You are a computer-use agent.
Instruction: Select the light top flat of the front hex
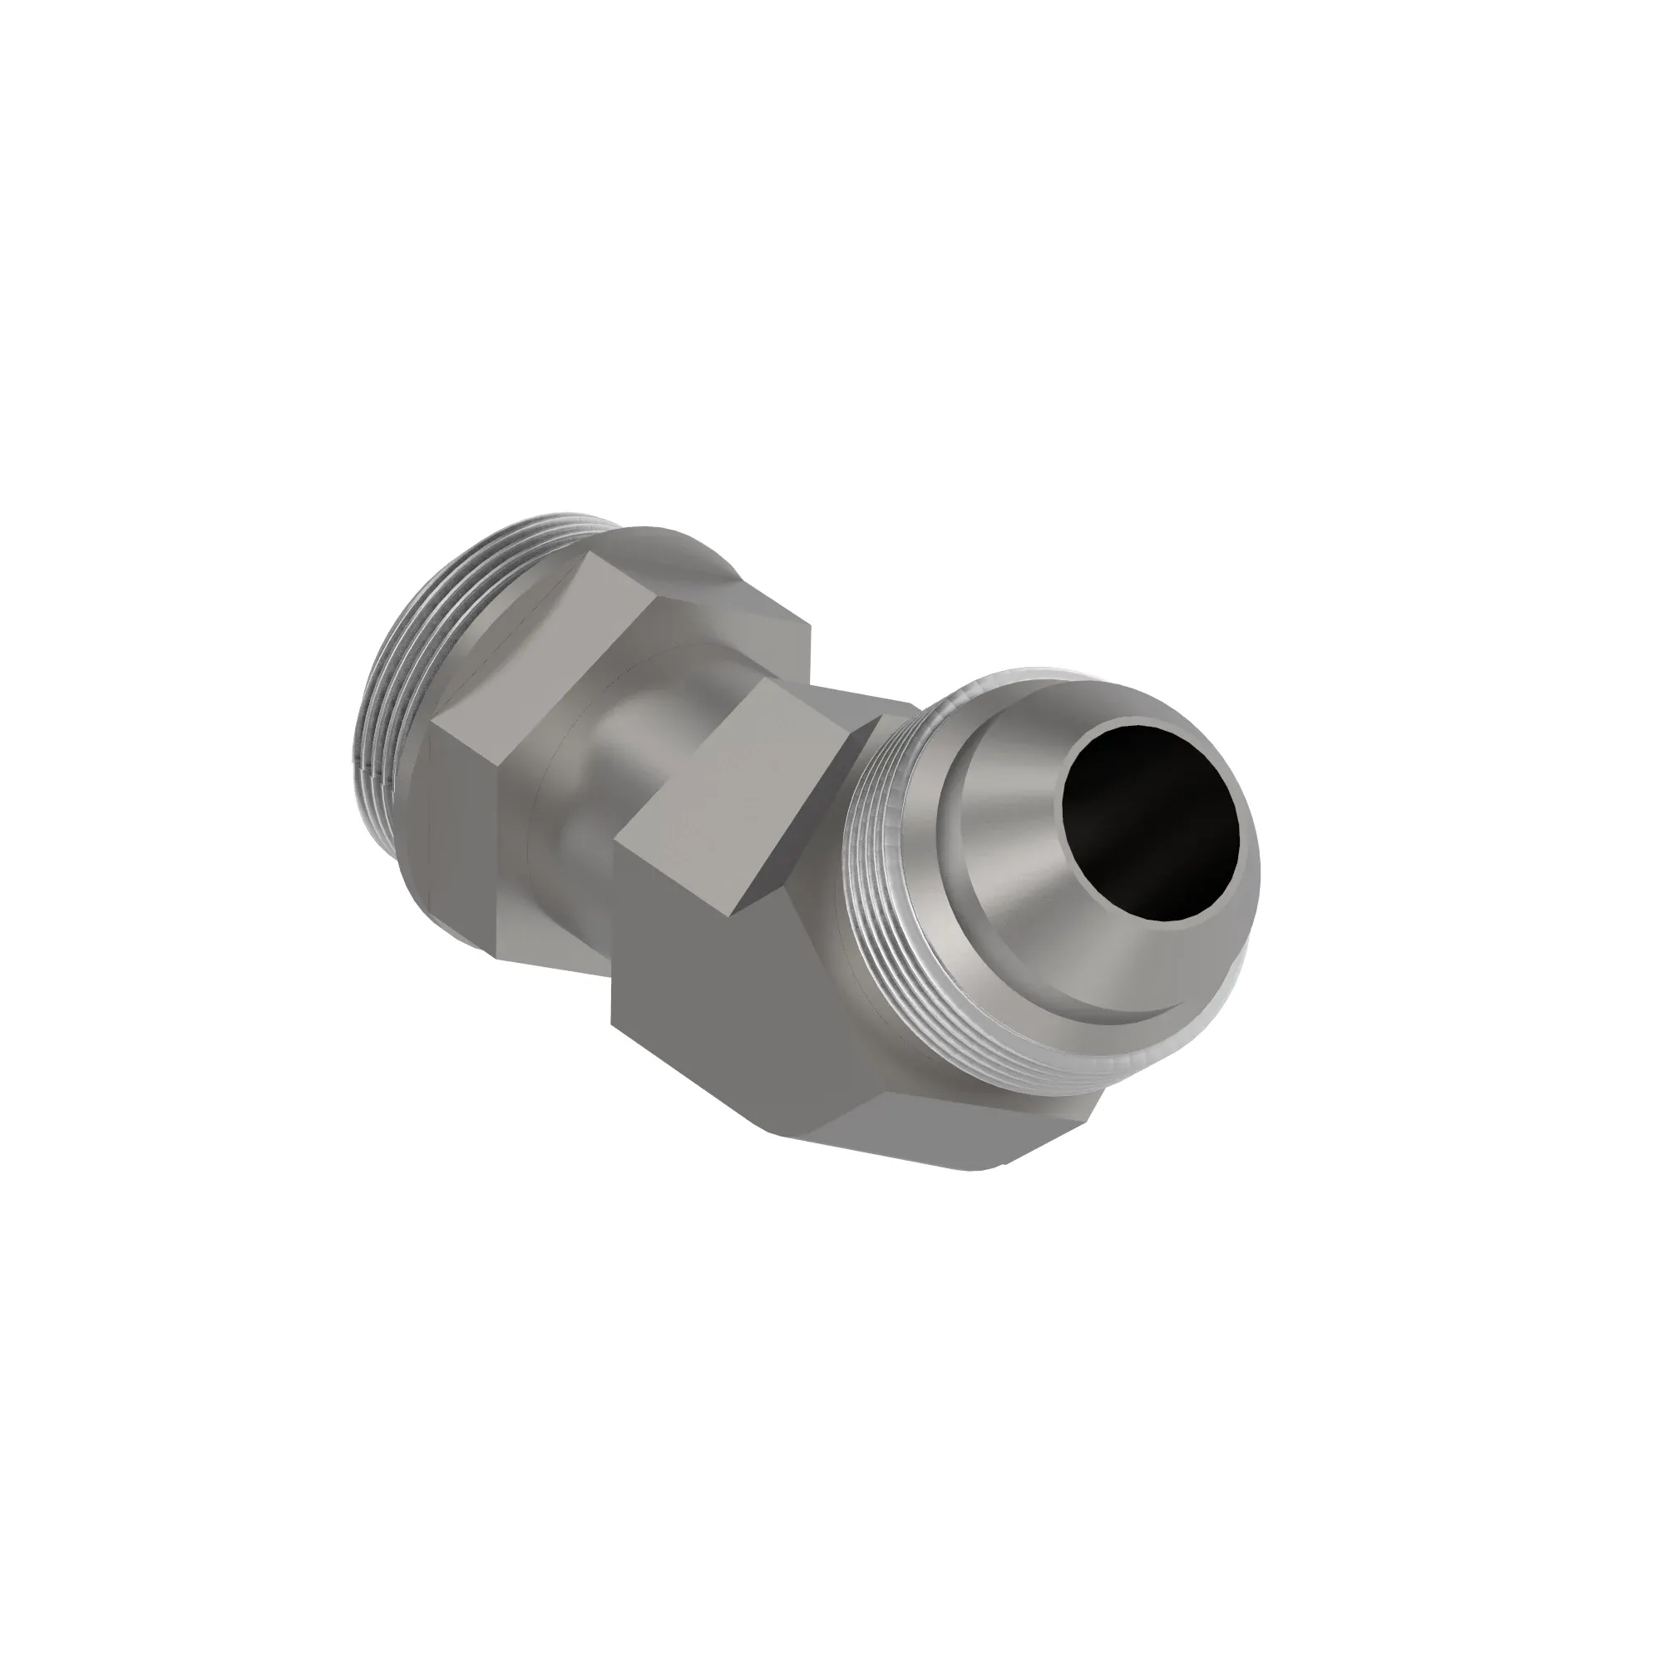coord(732,792)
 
